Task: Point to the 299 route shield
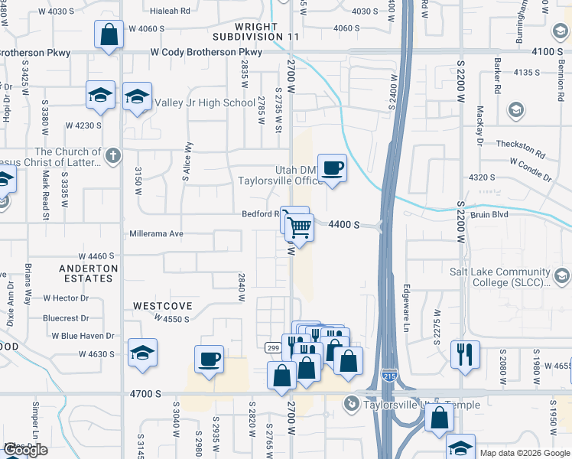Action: point(272,347)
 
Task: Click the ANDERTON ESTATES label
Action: point(89,273)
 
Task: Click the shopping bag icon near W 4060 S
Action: point(109,34)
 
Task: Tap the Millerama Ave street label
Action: point(157,233)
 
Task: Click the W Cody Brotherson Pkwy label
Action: point(206,52)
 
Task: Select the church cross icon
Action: point(112,157)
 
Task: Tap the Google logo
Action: point(25,450)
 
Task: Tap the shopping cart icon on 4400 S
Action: point(301,226)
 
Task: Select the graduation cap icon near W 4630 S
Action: point(142,353)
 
